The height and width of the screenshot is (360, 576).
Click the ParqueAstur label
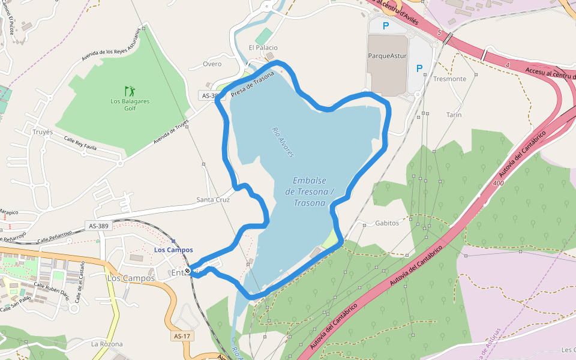[x=387, y=56]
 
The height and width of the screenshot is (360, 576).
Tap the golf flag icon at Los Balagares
[x=130, y=92]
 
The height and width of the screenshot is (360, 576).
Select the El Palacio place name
[x=263, y=47]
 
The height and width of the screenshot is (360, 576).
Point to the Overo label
[x=212, y=64]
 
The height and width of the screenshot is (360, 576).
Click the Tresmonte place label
[x=449, y=79]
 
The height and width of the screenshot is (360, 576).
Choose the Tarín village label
[x=454, y=115]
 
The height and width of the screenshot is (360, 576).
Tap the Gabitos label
[x=386, y=223]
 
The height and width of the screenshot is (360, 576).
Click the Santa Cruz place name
[x=213, y=200]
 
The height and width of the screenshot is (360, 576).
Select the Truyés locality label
[x=43, y=132]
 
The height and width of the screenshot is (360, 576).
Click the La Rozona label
[x=107, y=344]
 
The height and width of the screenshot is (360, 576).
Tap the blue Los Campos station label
[x=173, y=250]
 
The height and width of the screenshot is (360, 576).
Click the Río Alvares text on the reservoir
[x=283, y=142]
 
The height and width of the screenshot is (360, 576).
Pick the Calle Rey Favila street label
[x=80, y=143]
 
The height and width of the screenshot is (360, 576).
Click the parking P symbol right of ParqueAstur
[x=419, y=68]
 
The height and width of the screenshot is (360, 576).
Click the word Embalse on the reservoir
[x=310, y=181]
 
